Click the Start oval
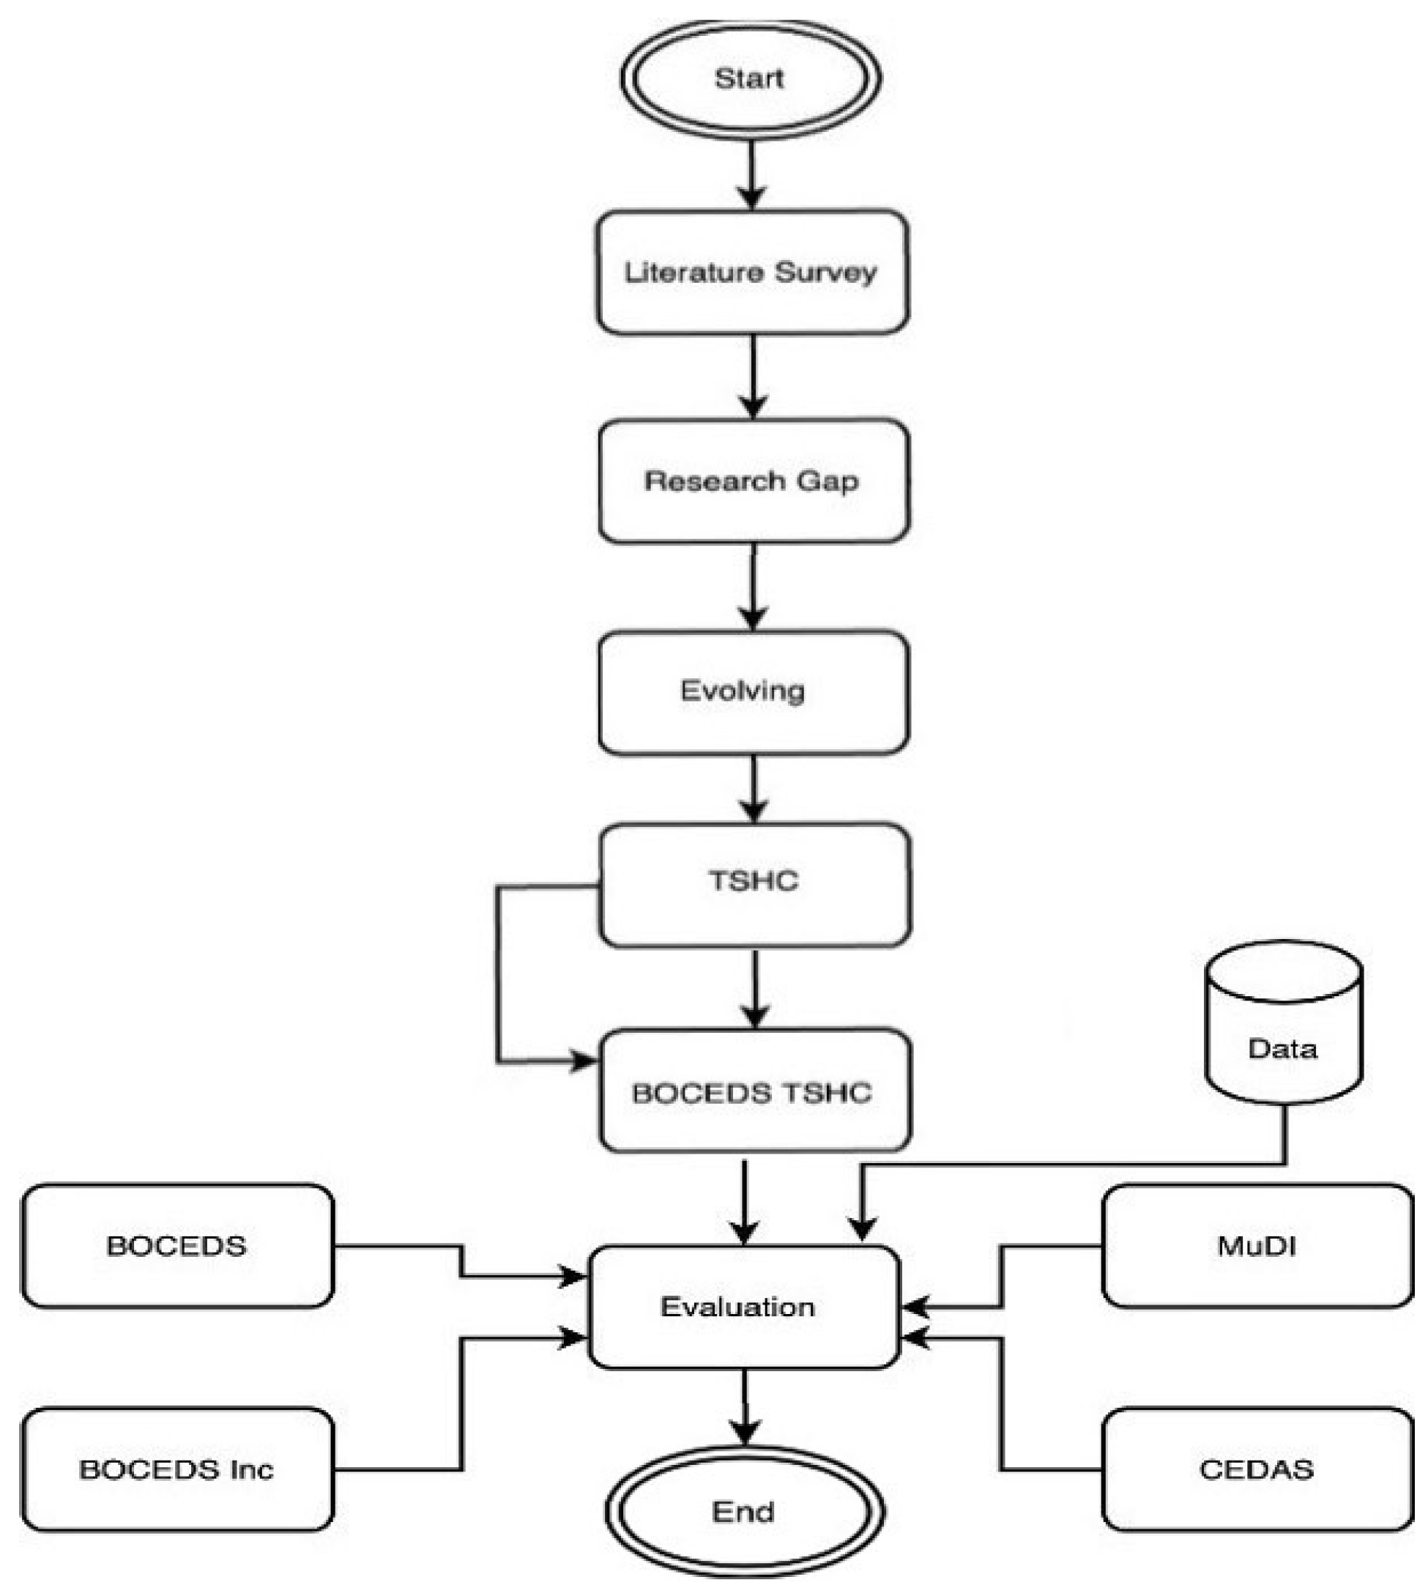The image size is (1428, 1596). (750, 78)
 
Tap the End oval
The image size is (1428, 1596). (744, 1511)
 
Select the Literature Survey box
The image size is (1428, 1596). (751, 272)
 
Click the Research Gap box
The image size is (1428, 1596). (754, 480)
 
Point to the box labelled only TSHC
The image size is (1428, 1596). (755, 883)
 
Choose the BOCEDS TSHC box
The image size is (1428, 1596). (755, 1092)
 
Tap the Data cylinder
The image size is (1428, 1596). (1284, 1028)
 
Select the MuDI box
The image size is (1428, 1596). (1257, 1246)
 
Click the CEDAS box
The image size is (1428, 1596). (1257, 1469)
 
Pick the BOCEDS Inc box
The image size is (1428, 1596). (177, 1469)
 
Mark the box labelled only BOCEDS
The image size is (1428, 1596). (177, 1246)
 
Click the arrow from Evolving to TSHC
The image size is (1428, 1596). (754, 788)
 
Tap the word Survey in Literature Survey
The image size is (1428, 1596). (825, 273)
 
